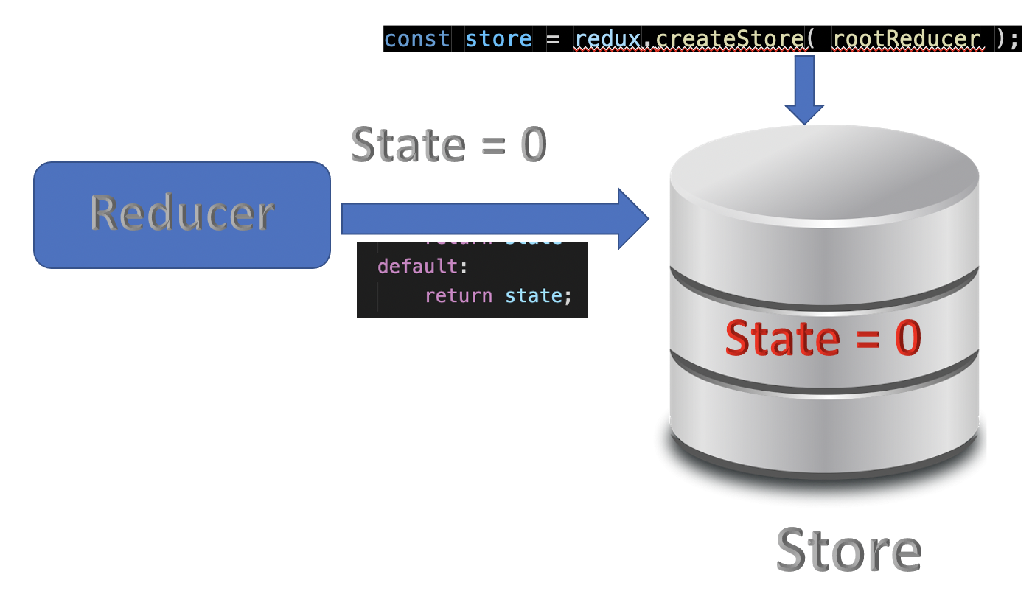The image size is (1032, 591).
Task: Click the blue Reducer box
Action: point(181,214)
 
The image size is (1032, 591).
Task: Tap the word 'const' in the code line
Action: point(416,38)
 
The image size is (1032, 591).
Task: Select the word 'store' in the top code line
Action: point(498,38)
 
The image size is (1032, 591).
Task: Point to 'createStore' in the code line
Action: point(730,38)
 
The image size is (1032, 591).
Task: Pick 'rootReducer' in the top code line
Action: point(908,38)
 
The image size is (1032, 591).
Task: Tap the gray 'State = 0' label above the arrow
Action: point(448,144)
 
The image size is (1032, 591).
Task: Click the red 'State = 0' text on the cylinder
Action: point(823,338)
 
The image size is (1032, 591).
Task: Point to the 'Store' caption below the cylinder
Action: point(848,550)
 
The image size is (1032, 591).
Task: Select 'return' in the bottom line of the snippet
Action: point(459,295)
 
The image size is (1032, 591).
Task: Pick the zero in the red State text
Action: point(907,338)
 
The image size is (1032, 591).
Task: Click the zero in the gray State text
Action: point(534,144)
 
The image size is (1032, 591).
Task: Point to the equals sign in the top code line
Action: point(553,38)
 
